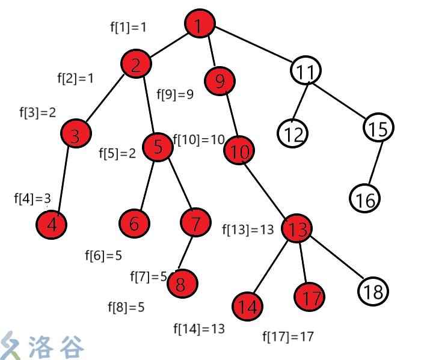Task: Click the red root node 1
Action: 200,25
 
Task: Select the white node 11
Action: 306,72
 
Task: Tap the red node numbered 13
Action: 297,228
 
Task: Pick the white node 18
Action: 373,292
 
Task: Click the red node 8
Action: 183,283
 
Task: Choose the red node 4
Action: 52,225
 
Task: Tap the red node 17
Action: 310,297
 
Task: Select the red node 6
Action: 134,224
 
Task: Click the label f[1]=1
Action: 128,26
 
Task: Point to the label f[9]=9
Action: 175,94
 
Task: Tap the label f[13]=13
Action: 248,230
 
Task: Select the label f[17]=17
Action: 289,337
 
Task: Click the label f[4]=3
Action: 32,199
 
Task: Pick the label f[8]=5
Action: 126,307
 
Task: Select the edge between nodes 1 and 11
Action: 253,47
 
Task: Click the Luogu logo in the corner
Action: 42,345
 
